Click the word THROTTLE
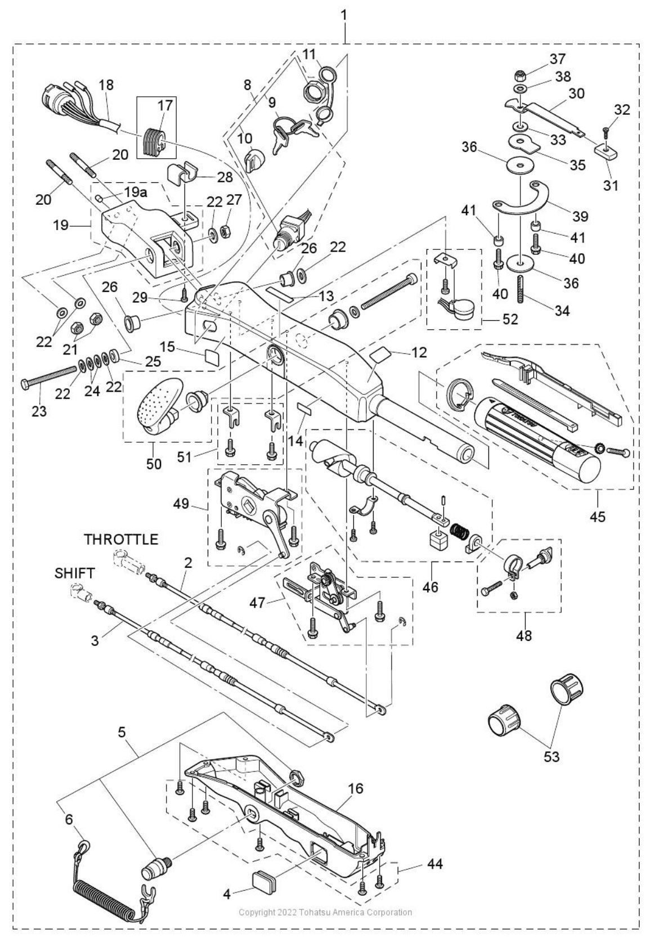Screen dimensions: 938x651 [x=121, y=540]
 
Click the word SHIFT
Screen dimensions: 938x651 [x=75, y=573]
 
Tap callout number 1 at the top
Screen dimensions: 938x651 [x=343, y=15]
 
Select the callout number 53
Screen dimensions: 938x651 [x=551, y=756]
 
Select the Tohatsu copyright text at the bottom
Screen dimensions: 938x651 [x=325, y=912]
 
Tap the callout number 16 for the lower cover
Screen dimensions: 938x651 [x=355, y=788]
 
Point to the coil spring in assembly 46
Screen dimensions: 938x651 [x=458, y=532]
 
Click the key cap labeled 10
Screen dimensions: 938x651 [x=255, y=159]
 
